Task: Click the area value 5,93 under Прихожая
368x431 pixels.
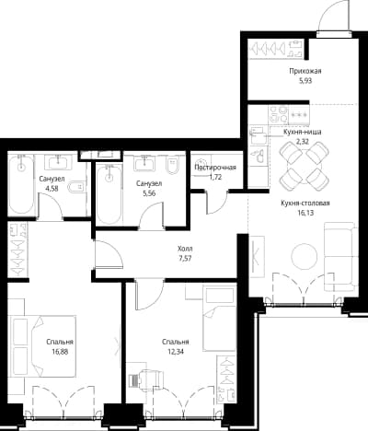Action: tap(305, 81)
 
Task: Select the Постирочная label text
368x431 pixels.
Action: tap(215, 168)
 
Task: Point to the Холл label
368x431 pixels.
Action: tap(185, 249)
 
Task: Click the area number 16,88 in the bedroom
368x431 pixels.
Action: tap(60, 352)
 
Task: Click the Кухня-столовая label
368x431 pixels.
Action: tap(305, 203)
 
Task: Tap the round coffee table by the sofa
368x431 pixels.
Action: tap(304, 257)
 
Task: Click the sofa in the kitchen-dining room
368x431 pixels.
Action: tap(340, 257)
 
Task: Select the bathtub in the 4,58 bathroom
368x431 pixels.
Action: tap(21, 184)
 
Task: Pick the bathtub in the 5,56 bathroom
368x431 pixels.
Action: tap(109, 193)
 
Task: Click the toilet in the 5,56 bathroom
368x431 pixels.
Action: tap(172, 165)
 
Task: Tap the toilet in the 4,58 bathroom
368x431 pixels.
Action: tap(76, 187)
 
